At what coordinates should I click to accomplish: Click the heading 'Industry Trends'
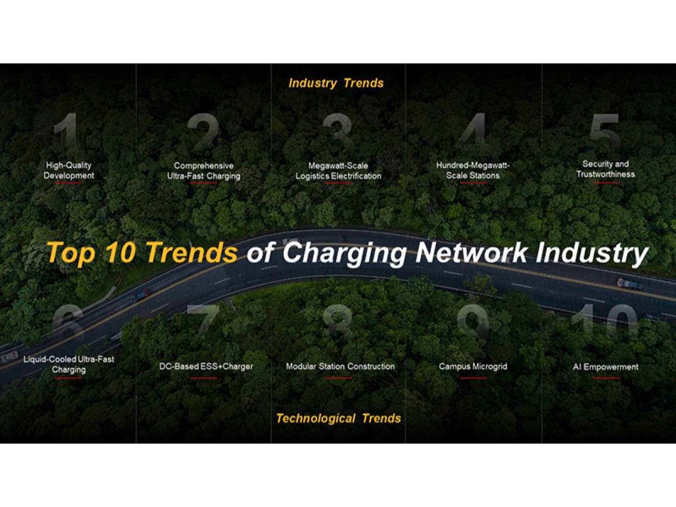click(336, 83)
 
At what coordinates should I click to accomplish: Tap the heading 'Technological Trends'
click(339, 419)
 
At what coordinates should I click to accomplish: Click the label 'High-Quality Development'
click(69, 170)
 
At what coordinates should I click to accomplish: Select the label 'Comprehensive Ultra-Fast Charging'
click(203, 171)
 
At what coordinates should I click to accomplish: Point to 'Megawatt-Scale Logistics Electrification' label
click(338, 171)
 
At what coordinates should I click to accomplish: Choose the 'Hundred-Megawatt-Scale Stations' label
click(473, 170)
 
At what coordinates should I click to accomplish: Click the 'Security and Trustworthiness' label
click(605, 169)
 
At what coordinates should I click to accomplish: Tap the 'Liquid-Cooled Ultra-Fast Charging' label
click(69, 364)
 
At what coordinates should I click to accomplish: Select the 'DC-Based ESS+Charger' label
click(206, 367)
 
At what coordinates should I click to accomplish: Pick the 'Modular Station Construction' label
click(340, 367)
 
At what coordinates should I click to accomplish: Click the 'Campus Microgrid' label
click(473, 367)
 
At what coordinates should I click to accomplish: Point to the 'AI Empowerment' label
click(606, 367)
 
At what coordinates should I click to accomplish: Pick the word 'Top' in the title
click(69, 252)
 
